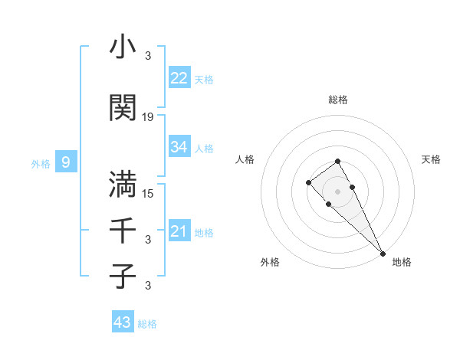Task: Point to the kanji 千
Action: pos(123,230)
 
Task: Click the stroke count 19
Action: pos(148,117)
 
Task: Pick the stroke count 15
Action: pos(148,193)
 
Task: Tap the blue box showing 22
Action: pos(179,78)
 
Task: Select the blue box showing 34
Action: pos(179,147)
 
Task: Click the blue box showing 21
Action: pos(179,231)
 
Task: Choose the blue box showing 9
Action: pos(66,162)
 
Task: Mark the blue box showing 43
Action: pos(123,322)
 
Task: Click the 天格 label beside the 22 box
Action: pos(204,80)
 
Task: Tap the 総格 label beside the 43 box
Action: pos(147,324)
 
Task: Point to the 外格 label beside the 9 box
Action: pos(41,163)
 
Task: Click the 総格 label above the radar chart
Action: pos(338,100)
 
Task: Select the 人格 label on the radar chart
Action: pos(245,159)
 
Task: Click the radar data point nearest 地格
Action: pos(382,253)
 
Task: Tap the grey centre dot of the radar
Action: pos(337,191)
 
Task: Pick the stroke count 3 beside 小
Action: pos(148,55)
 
